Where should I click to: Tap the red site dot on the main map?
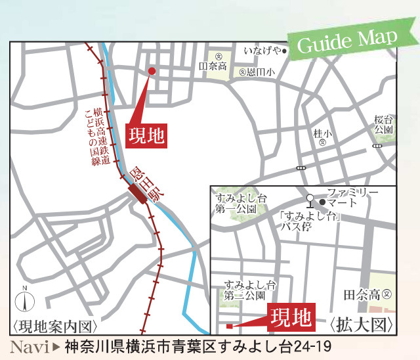click(151, 71)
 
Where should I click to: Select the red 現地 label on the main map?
click(144, 136)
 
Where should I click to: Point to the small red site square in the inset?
click(228, 325)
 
